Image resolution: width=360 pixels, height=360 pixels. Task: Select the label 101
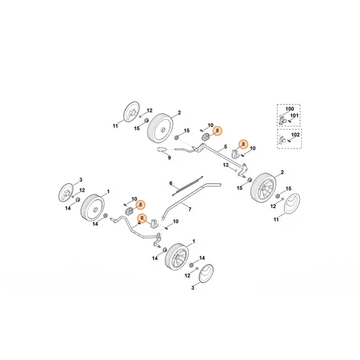(295, 116)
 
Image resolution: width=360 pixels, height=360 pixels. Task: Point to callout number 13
(225, 166)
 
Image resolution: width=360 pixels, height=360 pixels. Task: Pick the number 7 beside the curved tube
(190, 209)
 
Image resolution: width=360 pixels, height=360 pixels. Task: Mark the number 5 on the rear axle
(225, 147)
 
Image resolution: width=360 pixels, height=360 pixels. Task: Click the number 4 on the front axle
(139, 223)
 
